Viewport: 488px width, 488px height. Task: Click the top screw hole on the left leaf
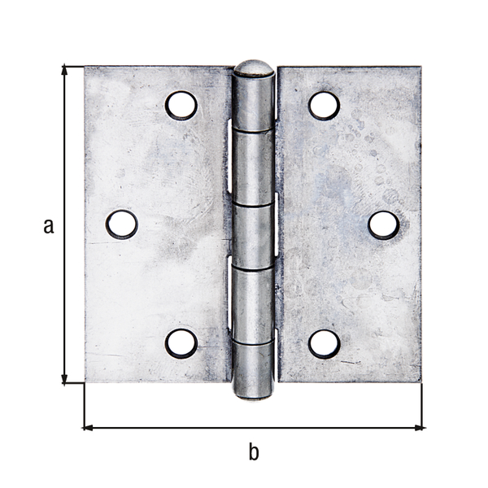point(181,106)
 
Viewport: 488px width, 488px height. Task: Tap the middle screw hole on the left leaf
point(122,224)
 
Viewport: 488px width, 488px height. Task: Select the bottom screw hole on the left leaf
point(181,343)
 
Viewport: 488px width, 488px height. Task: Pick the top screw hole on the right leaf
point(324,106)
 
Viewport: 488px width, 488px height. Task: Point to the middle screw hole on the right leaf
point(383,224)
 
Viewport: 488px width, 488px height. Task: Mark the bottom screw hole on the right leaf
point(324,343)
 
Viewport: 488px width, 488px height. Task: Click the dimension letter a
point(49,225)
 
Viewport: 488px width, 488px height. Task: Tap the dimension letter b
point(254,451)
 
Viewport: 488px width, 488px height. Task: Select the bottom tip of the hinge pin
point(254,395)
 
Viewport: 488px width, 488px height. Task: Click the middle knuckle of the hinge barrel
point(253,236)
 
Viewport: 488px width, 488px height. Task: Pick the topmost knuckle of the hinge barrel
point(253,102)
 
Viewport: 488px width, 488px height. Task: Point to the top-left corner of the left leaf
point(85,68)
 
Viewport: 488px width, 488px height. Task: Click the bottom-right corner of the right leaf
point(420,381)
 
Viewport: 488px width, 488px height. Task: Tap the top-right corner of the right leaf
point(420,68)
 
